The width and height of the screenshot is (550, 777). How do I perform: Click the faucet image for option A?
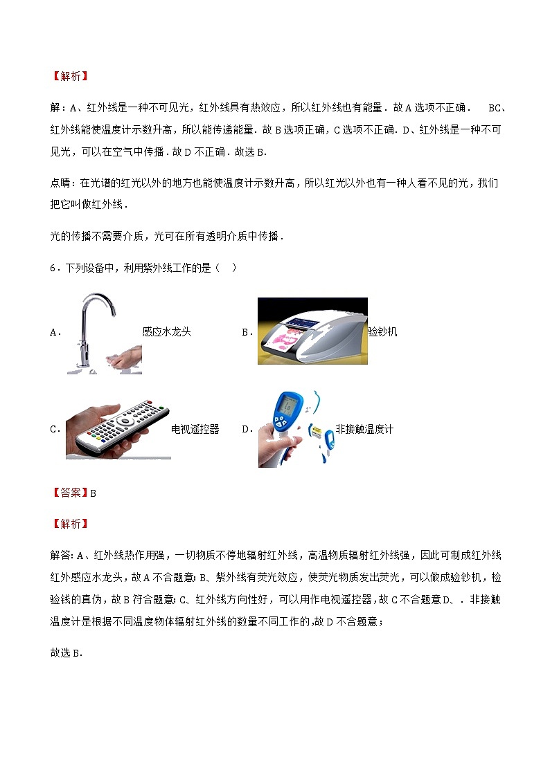pos(105,333)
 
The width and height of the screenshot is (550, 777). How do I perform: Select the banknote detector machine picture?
pos(312,331)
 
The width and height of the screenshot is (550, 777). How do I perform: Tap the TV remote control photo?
pos(118,428)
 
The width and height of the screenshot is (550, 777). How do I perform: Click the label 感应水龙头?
pos(166,332)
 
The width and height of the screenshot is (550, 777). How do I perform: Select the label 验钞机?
pos(383,332)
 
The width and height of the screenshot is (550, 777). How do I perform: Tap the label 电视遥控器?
pos(195,429)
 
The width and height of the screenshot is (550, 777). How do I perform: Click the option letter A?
pos(55,333)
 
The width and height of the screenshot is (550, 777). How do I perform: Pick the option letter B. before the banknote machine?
pos(247,333)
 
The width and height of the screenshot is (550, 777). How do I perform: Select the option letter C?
pos(55,430)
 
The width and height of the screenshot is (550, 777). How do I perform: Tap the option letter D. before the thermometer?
pos(247,430)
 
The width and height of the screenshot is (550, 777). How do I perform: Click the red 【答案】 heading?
pos(70,493)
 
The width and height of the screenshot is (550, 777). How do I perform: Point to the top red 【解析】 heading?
pos(70,77)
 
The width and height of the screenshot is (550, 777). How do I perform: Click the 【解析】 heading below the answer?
pos(70,524)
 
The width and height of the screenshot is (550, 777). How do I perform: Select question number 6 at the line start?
pos(53,268)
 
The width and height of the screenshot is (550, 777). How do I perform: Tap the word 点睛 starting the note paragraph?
pos(61,183)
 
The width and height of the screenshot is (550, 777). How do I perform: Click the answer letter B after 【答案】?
pos(93,493)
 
